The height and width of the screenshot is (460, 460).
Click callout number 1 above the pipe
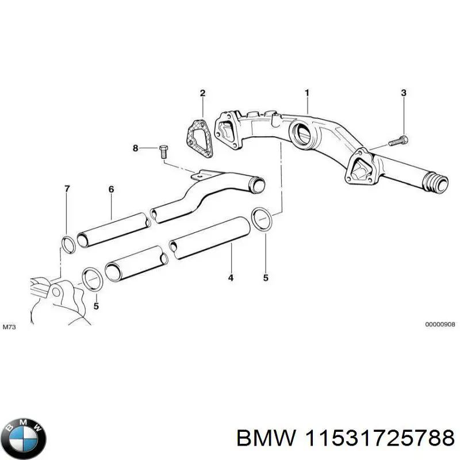tap(307, 93)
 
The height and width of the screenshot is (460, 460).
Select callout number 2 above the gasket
tap(202, 93)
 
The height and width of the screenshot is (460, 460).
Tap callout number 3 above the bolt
tap(404, 93)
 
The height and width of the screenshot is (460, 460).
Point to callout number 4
tap(231, 278)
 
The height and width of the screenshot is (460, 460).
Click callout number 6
tap(112, 189)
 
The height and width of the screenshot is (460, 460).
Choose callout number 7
tap(67, 189)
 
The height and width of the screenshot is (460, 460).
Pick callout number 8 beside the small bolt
tap(136, 148)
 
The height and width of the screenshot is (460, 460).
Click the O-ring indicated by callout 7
tap(67, 244)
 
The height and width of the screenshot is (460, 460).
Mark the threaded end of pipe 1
tap(435, 183)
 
